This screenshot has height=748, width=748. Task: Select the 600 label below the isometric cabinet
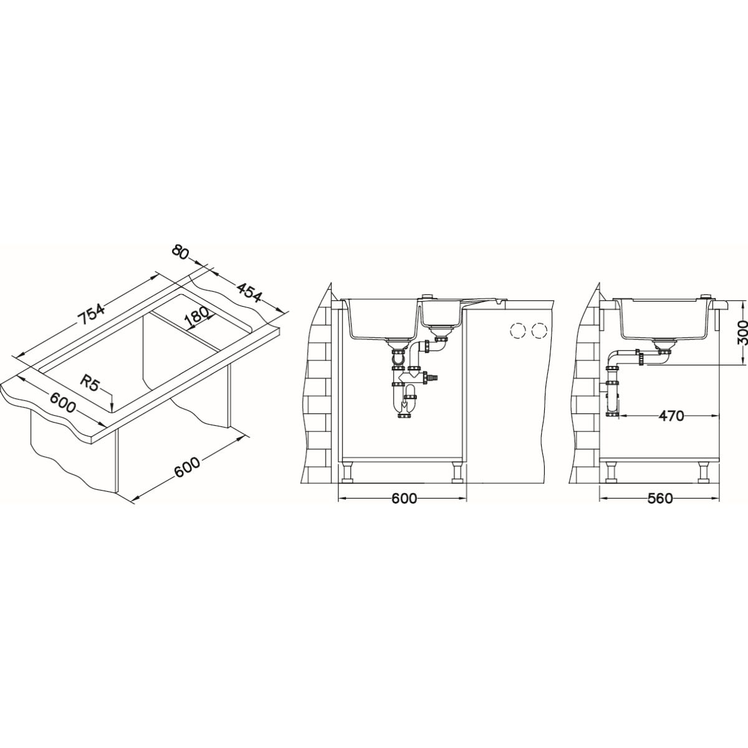[x=187, y=467]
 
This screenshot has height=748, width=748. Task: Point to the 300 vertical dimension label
[x=741, y=333]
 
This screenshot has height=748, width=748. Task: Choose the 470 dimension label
[x=671, y=416]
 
